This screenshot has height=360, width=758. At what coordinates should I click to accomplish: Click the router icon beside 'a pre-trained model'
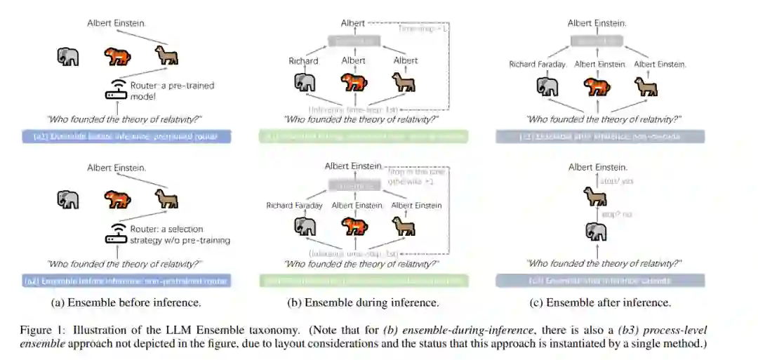point(115,91)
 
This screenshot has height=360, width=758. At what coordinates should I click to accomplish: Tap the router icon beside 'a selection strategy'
point(115,234)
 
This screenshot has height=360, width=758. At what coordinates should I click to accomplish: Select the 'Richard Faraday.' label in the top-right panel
point(538,65)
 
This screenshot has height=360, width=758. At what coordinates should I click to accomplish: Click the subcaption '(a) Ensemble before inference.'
point(126,302)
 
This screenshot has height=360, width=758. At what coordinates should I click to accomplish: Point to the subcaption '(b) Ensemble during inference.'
point(363,302)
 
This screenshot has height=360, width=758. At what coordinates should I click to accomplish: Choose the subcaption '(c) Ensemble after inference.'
point(600,302)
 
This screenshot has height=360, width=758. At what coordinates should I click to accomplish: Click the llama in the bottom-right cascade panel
point(596,197)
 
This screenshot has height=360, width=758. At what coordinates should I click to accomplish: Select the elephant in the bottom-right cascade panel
point(596,231)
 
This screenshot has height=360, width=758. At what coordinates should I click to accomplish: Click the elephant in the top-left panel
point(68,56)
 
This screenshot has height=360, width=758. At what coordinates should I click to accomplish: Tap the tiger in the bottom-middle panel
point(354,226)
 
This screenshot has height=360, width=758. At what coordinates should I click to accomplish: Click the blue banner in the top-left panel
point(126,136)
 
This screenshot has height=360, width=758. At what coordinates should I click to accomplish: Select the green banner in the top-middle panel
point(363,136)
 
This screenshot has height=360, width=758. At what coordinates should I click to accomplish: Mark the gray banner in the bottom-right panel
point(600,281)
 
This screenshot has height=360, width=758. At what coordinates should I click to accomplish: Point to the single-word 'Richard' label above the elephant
point(303,61)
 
